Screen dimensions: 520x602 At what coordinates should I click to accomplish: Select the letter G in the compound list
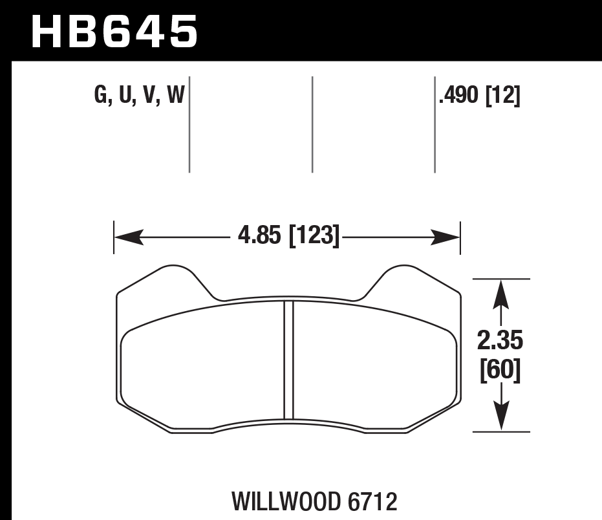coord(100,96)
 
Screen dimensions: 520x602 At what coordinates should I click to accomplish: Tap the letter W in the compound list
coord(176,96)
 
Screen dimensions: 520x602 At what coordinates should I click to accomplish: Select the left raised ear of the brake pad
coord(171,275)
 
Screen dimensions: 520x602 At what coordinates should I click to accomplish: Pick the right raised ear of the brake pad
coord(404,275)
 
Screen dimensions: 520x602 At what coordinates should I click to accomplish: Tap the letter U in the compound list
coord(124,96)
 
